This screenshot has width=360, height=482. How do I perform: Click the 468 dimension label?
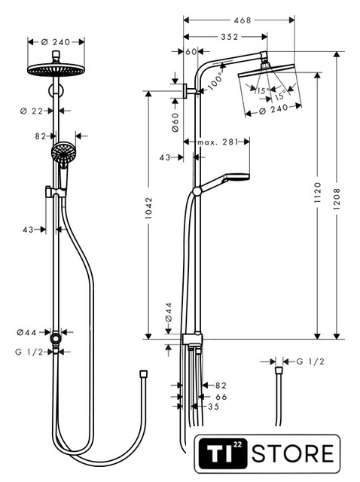243,20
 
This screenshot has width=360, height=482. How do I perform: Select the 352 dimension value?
230,37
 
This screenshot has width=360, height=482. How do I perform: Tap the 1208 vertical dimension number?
337,199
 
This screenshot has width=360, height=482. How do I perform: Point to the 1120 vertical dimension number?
318,193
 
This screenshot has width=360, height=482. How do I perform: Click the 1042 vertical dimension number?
149,209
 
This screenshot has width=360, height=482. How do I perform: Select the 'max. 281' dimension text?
218,142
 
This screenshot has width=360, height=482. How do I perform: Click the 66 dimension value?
221,397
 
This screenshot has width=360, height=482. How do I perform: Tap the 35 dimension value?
214,407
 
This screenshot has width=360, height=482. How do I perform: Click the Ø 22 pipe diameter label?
32,111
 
